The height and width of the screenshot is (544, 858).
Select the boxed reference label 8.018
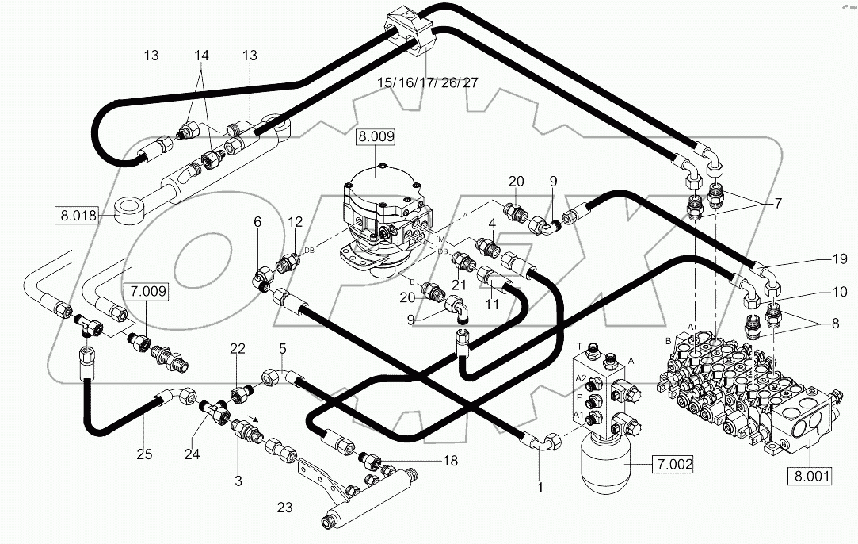coord(77,214)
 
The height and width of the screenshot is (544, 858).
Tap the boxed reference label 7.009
coord(144,292)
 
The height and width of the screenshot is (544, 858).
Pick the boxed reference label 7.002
coord(671,465)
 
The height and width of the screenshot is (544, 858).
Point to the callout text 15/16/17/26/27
coord(427,82)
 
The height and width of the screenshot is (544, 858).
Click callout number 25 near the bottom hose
coord(143,454)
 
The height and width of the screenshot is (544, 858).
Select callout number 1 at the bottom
coord(540,488)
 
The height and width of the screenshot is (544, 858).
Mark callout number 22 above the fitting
coord(238,349)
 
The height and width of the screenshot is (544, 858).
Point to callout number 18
coord(449,460)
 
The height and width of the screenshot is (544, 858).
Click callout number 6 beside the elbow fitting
coord(257,224)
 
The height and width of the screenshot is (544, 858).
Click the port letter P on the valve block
coord(580,397)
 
